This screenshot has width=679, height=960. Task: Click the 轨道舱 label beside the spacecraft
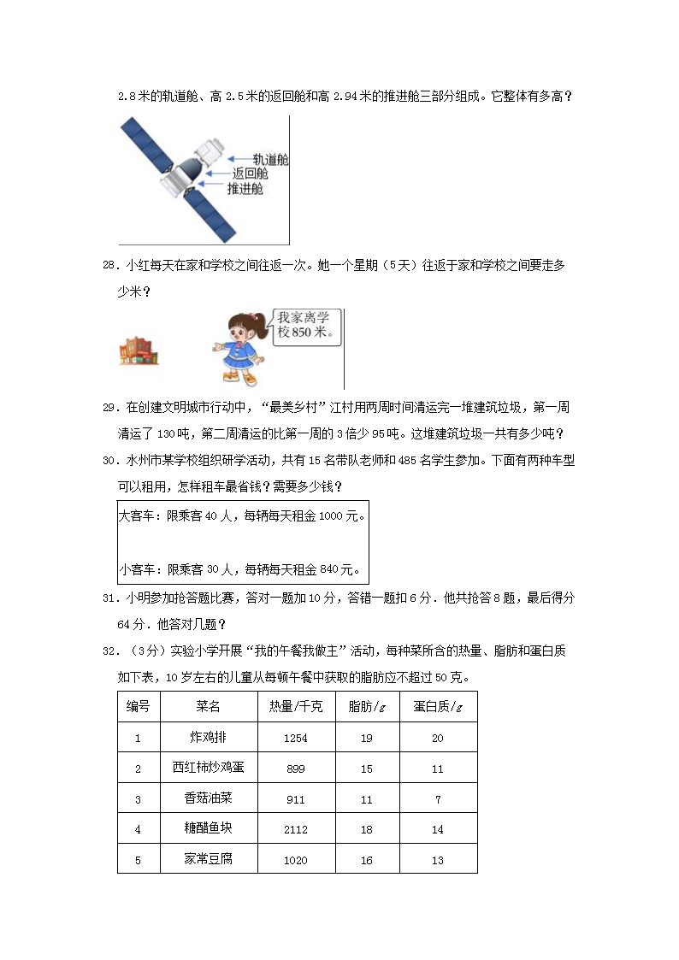pos(269,160)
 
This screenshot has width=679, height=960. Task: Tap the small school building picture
pos(140,350)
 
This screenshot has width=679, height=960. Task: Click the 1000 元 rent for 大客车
pos(340,517)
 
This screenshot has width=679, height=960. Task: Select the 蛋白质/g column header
pos(437,707)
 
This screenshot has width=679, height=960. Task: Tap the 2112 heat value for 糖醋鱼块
pos(295,829)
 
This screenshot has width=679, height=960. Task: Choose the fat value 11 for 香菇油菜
pos(366,799)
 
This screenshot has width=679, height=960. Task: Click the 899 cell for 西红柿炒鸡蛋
pos(295,769)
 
